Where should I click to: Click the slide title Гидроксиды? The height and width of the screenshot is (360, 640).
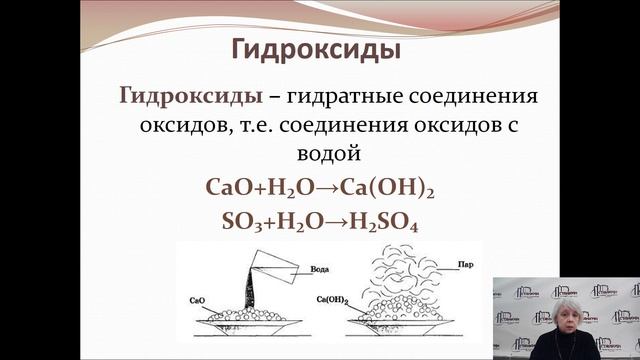point(318,49)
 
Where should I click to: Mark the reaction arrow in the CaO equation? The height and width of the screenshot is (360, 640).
point(327,187)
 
